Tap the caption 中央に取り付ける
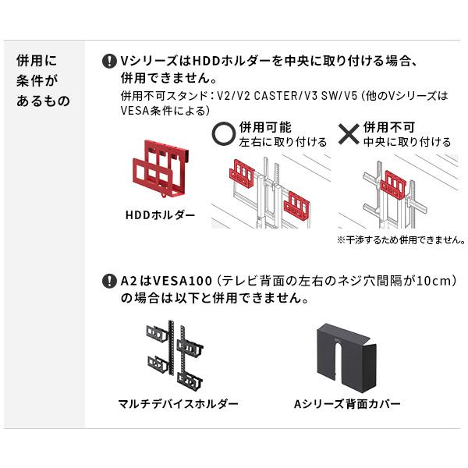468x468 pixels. (406, 142)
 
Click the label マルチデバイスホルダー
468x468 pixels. (178, 404)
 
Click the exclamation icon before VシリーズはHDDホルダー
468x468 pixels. (108, 61)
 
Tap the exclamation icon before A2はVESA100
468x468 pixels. (108, 281)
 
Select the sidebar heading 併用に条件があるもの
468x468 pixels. (42, 80)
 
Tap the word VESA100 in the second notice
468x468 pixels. (180, 281)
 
